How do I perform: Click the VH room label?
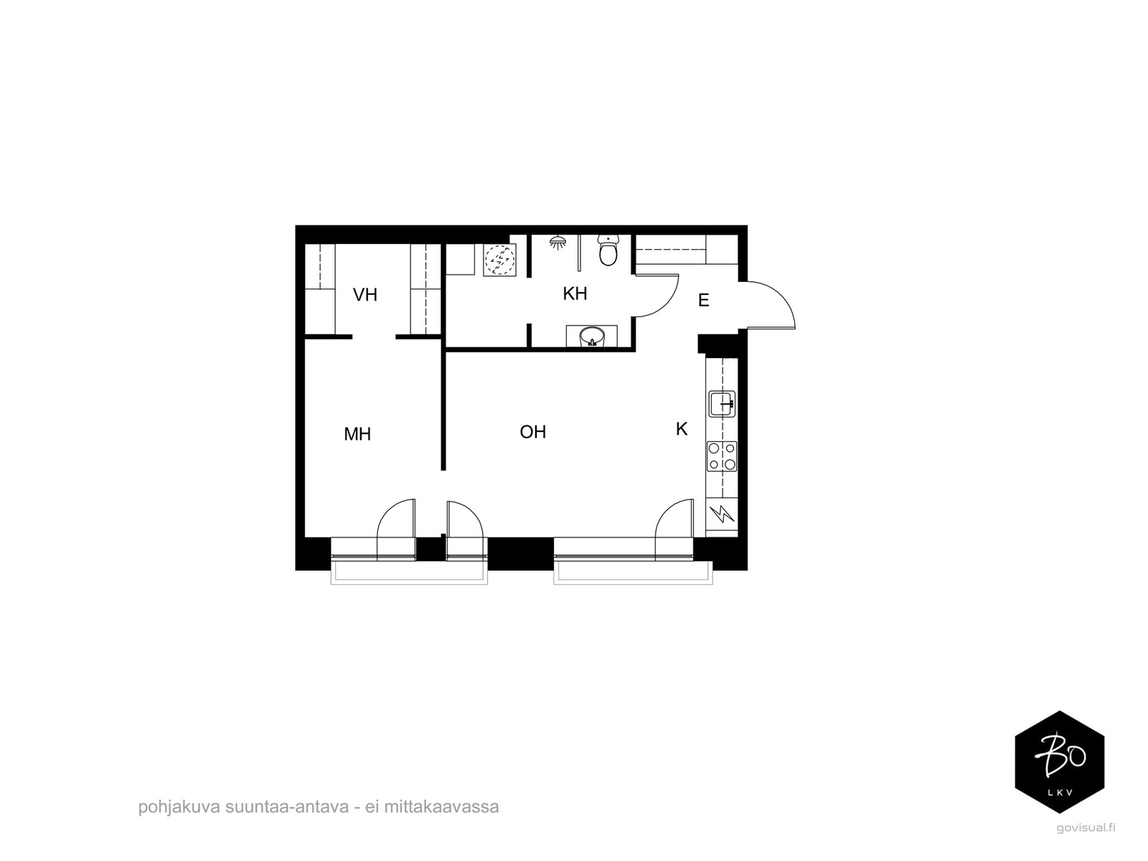pyautogui.click(x=364, y=295)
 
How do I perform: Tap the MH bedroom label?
pyautogui.click(x=357, y=434)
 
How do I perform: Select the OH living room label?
pyautogui.click(x=532, y=432)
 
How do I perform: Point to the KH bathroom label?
pyautogui.click(x=575, y=293)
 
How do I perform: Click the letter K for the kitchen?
pyautogui.click(x=682, y=429)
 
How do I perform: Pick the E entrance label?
pyautogui.click(x=703, y=300)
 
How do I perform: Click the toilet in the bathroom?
pyautogui.click(x=608, y=250)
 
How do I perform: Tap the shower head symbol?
pyautogui.click(x=558, y=242)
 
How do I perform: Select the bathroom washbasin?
pyautogui.click(x=591, y=336)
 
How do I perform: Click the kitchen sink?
pyautogui.click(x=722, y=403)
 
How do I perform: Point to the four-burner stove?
pyautogui.click(x=722, y=456)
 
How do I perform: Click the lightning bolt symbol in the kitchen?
pyautogui.click(x=722, y=514)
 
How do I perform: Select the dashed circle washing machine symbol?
pyautogui.click(x=499, y=260)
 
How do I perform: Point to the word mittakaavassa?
pyautogui.click(x=441, y=806)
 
